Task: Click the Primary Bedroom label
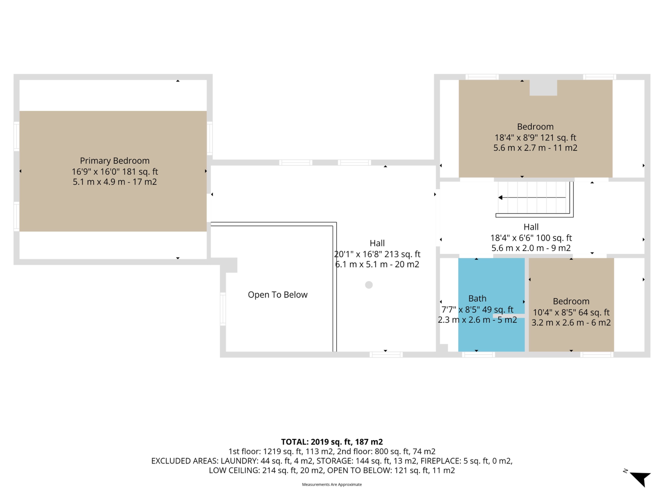115,161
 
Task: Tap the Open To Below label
278,295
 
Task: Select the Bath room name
477,298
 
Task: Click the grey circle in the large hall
369,285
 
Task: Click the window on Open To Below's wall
223,309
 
